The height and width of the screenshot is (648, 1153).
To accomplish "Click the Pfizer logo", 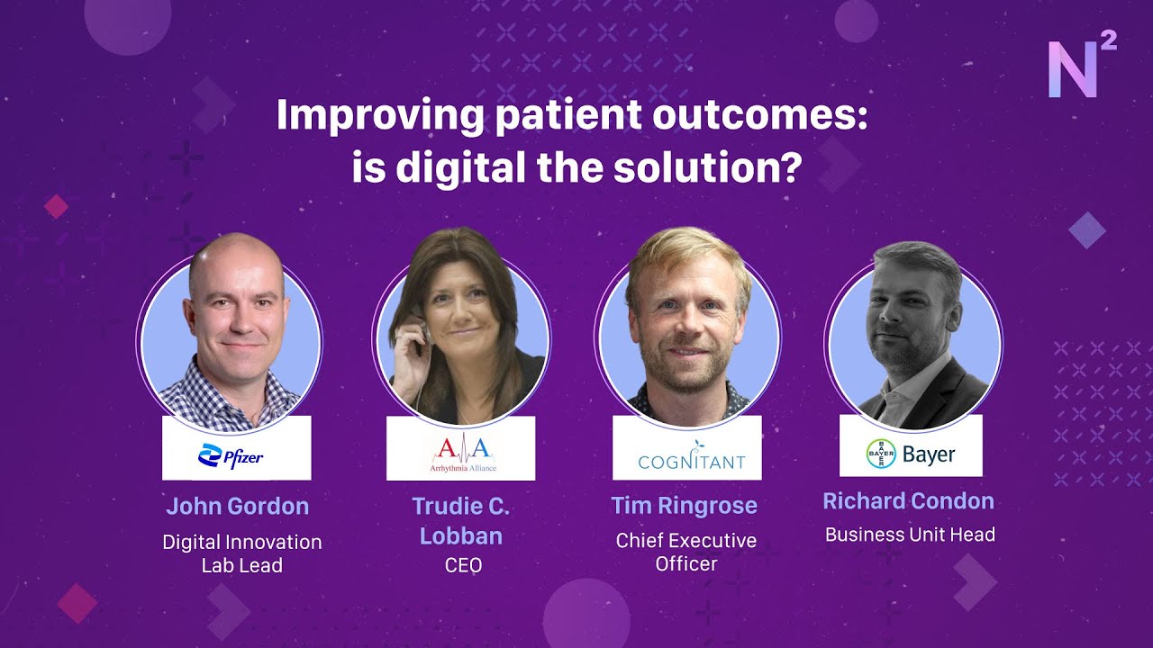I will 231,456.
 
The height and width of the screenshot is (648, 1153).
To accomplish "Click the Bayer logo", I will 911,454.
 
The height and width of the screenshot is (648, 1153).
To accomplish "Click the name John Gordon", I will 237,506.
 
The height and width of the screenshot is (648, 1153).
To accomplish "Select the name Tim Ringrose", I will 684,506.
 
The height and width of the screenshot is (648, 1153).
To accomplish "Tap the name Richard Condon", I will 908,501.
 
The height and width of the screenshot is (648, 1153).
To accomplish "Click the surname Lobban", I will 461,536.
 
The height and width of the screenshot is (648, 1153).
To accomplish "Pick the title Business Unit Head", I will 910,535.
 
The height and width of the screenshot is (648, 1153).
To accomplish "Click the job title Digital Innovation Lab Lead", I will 241,553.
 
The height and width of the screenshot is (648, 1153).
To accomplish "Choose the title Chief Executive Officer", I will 685,552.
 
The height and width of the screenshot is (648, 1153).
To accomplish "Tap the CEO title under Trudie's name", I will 463,565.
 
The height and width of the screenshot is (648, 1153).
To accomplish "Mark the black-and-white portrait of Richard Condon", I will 914,337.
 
